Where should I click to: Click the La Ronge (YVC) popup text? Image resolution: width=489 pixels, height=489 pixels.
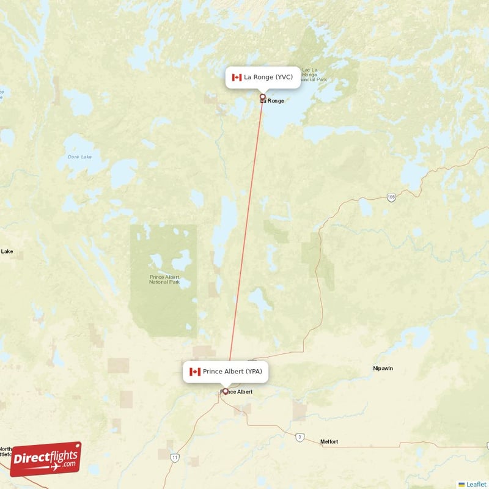click(268, 77)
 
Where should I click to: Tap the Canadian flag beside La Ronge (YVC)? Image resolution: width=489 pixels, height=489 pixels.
click(237, 77)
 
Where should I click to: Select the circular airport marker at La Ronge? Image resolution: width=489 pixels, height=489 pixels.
click(263, 97)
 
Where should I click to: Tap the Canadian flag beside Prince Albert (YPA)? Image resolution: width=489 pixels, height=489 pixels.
click(195, 372)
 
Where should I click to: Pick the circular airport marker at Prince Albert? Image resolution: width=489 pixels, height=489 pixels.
click(225, 391)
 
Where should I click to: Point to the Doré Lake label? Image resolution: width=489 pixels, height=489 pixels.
click(78, 157)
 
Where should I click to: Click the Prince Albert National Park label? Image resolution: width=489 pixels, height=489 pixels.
click(164, 279)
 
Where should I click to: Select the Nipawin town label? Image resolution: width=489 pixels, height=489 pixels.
click(384, 369)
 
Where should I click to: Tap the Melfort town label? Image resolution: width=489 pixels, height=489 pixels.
click(329, 441)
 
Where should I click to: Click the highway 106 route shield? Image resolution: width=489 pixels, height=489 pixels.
click(391, 197)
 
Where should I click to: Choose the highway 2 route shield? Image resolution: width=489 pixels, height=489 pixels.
click(300, 436)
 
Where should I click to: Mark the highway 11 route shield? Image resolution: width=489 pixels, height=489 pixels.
click(175, 457)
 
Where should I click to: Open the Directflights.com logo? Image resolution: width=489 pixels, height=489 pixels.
click(46, 459)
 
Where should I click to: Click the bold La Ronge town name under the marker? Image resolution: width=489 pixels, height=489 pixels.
click(273, 101)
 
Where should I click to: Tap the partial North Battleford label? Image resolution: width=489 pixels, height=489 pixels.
click(6, 452)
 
